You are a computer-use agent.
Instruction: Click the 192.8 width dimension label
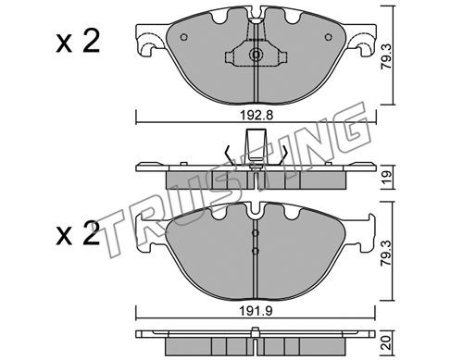coord(257,116)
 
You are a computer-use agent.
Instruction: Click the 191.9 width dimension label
coord(256,312)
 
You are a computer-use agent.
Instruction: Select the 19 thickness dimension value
coord(387,177)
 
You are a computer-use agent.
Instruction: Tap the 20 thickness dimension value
coord(387,342)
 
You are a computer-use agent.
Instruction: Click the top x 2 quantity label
coord(78,43)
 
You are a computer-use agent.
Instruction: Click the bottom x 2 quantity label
coord(78,234)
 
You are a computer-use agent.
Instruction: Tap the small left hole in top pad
coord(183,37)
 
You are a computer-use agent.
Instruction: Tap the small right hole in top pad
coord(328,37)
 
